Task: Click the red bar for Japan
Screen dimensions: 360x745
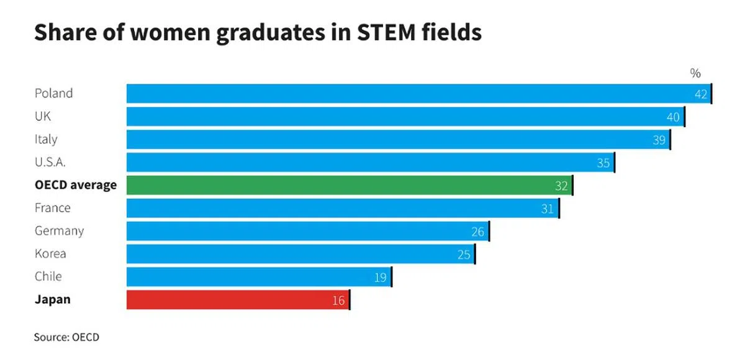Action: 238,300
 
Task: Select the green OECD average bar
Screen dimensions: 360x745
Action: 349,185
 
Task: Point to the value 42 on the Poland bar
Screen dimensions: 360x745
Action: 701,94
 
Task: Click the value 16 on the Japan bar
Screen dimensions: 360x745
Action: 338,300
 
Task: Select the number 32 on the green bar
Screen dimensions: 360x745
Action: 561,186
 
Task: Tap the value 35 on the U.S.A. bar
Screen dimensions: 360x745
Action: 603,163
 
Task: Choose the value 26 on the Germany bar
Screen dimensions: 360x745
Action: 477,232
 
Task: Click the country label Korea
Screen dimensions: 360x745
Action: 50,254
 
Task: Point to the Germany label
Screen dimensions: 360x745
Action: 59,231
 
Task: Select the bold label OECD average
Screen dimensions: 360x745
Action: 75,185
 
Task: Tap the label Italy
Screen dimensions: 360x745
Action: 46,140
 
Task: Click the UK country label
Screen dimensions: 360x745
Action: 43,117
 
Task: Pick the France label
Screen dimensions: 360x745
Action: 52,208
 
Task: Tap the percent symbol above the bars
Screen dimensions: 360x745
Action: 695,73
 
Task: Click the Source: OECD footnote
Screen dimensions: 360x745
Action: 66,337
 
